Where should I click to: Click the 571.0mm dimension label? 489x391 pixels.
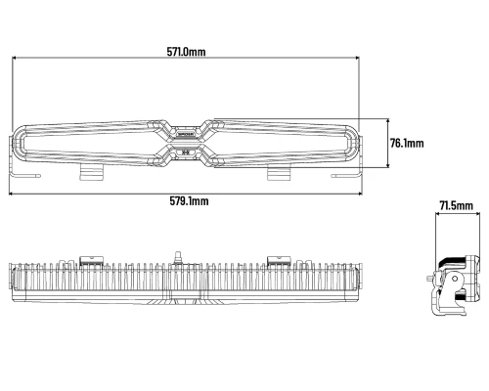186,52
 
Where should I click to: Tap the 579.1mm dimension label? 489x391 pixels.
189,201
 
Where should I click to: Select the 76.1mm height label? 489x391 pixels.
407,143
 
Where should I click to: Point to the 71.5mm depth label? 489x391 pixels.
456,206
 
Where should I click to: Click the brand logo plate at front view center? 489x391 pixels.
186,134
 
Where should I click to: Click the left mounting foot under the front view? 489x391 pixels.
92,172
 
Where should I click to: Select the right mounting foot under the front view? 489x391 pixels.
279,173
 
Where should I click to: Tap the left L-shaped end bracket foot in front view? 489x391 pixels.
24,176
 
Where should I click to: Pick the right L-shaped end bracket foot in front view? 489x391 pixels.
346,176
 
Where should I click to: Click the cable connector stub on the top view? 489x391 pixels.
178,256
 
